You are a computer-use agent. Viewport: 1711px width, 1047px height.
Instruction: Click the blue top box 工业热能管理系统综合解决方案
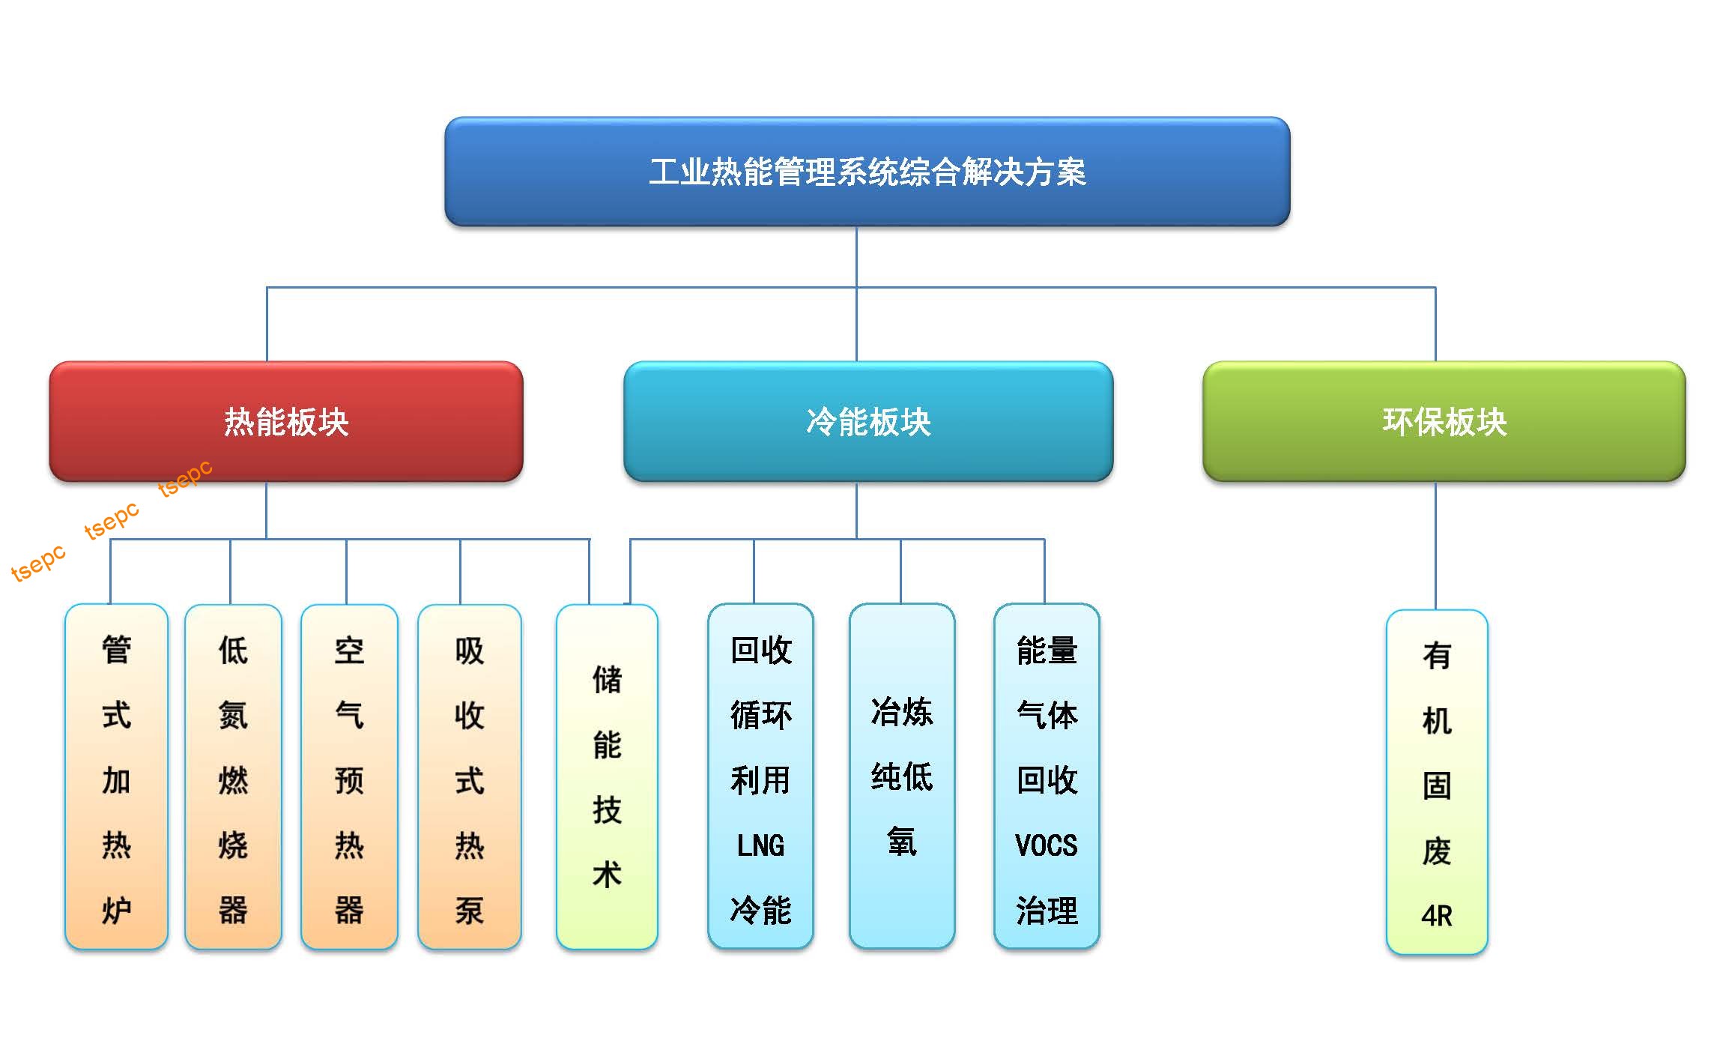pos(867,172)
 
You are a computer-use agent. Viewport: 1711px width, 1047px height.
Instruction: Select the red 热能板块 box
pos(286,421)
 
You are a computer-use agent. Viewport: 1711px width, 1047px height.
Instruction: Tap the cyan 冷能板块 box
pos(868,421)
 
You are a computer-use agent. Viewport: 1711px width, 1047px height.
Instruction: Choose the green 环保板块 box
pos(1444,421)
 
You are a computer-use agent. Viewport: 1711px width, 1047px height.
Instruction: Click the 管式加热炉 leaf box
pos(116,776)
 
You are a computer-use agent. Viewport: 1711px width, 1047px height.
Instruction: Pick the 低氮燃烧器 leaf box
pos(233,776)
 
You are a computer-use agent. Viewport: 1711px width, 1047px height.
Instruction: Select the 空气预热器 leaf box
pos(349,776)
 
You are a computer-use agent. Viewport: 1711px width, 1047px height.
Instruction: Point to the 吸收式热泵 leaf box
pos(469,776)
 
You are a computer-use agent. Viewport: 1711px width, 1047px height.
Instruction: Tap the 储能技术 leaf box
pos(607,776)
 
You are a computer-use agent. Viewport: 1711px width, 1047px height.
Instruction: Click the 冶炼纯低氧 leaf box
pos(901,776)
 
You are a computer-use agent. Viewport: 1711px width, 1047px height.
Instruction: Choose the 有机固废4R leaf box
pos(1436,782)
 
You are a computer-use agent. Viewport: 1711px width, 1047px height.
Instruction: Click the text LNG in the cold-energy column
pos(760,845)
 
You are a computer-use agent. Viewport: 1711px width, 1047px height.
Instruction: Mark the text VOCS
pos(1046,845)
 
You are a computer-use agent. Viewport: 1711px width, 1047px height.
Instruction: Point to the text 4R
pos(1436,915)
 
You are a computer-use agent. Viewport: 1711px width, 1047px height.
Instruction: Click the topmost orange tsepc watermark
pos(185,478)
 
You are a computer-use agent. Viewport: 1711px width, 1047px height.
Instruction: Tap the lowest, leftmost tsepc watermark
pos(38,563)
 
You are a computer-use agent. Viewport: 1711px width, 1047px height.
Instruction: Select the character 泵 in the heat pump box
pos(469,910)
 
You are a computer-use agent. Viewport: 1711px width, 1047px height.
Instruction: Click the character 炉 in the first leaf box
pos(116,910)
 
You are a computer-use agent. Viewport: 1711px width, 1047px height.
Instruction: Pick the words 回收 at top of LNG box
pos(760,650)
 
